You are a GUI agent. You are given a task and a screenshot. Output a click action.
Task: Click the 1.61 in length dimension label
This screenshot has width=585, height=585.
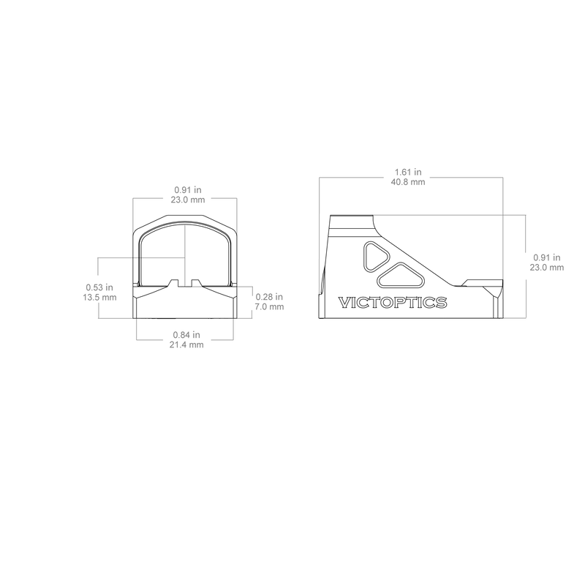coord(408,172)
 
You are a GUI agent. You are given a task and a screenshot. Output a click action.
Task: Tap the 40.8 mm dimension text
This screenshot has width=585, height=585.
coord(408,181)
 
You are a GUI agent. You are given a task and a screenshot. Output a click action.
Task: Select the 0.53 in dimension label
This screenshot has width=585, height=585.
coord(99,287)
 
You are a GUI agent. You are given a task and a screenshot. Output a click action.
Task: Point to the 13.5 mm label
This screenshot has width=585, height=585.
coord(99,298)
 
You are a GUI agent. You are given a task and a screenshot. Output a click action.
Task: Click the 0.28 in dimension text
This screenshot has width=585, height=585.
coord(269,297)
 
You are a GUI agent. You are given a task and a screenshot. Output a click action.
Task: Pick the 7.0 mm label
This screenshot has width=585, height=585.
coord(269,306)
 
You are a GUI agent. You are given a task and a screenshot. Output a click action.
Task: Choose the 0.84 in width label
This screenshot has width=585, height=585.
coord(186,335)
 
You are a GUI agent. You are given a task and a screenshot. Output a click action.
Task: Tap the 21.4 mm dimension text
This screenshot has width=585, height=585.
coord(186,344)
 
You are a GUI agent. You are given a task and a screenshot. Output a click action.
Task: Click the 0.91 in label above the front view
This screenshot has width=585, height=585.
coord(188,190)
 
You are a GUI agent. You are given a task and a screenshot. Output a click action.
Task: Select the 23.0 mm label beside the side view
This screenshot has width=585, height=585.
coord(547,268)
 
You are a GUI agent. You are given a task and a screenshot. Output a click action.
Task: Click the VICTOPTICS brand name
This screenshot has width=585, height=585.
coord(393,302)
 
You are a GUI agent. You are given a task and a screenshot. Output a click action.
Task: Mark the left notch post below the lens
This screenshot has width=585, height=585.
coord(173,283)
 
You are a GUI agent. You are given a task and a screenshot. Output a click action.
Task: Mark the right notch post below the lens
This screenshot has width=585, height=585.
coord(195,283)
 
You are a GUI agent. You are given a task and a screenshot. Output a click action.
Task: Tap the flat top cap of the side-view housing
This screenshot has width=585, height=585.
coord(352,217)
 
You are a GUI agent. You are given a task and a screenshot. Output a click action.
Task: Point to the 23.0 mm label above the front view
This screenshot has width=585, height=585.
coord(188,200)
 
